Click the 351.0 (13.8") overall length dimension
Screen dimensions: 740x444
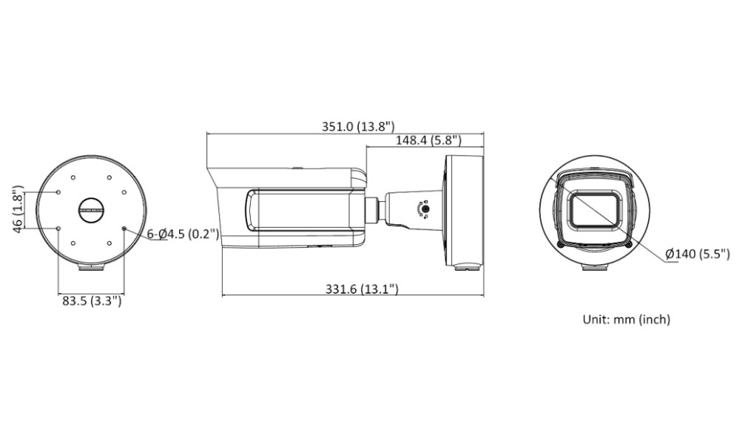[357, 127]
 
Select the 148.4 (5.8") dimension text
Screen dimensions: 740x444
[428, 140]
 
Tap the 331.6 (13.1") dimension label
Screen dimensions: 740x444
[362, 289]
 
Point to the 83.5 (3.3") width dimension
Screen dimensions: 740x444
[92, 300]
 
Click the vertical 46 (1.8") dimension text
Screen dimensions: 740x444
[18, 209]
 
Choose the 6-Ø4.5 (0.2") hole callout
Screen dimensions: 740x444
[183, 234]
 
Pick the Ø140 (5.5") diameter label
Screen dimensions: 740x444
[698, 255]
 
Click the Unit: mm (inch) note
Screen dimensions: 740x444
[626, 320]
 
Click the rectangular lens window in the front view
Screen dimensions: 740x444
[594, 209]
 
